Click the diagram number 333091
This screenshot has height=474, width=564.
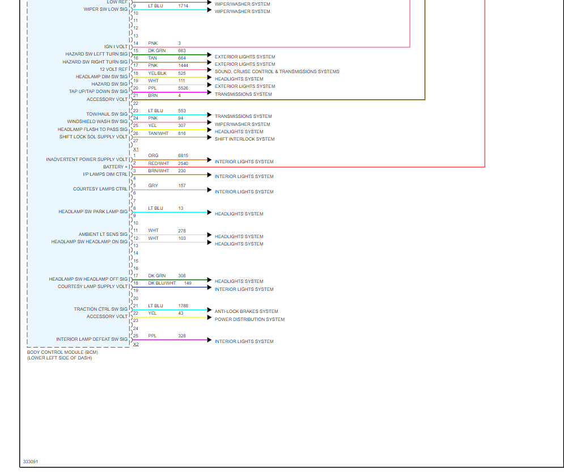[x=31, y=462]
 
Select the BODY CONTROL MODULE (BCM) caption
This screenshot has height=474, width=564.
[x=62, y=352]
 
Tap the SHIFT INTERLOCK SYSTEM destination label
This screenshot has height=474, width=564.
[x=244, y=139]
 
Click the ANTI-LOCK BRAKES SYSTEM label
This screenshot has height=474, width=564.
[x=246, y=311]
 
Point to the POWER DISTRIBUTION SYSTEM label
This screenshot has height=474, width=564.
[x=249, y=319]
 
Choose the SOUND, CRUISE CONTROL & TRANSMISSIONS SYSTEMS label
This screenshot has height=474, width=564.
[x=277, y=71]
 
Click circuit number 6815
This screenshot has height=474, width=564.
[x=183, y=155]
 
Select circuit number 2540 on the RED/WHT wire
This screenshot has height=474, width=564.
[x=183, y=163]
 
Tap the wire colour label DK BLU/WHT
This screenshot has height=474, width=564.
[x=162, y=283]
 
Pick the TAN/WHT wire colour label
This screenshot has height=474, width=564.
[x=159, y=133]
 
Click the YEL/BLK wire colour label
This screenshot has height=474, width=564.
[x=158, y=73]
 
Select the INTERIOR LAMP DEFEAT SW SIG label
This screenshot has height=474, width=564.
[x=92, y=339]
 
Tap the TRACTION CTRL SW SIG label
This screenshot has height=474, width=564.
[x=100, y=309]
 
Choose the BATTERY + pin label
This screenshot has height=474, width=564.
[x=115, y=167]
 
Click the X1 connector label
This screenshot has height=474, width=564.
[x=136, y=149]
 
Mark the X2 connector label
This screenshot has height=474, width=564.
[x=136, y=344]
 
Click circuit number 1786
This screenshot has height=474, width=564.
[x=183, y=306]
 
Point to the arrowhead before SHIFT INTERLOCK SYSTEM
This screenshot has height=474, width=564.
[x=210, y=137]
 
